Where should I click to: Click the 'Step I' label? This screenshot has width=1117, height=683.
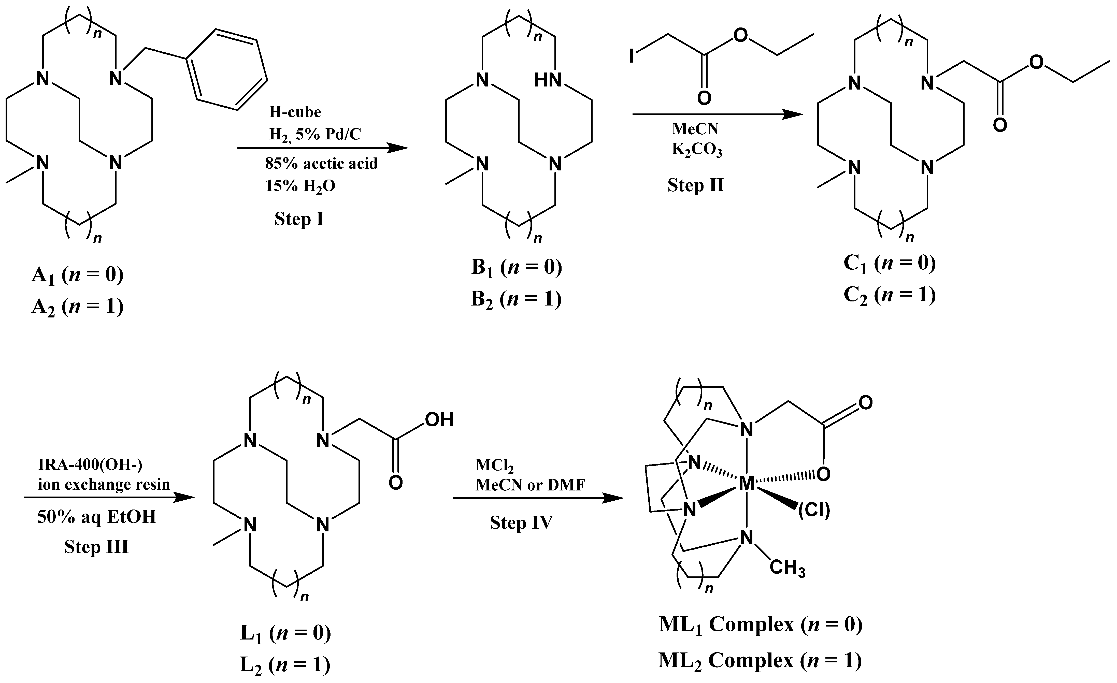click(299, 219)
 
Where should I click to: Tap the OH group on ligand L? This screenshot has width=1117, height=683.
click(439, 420)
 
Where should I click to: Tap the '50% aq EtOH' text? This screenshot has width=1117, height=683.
click(96, 517)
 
